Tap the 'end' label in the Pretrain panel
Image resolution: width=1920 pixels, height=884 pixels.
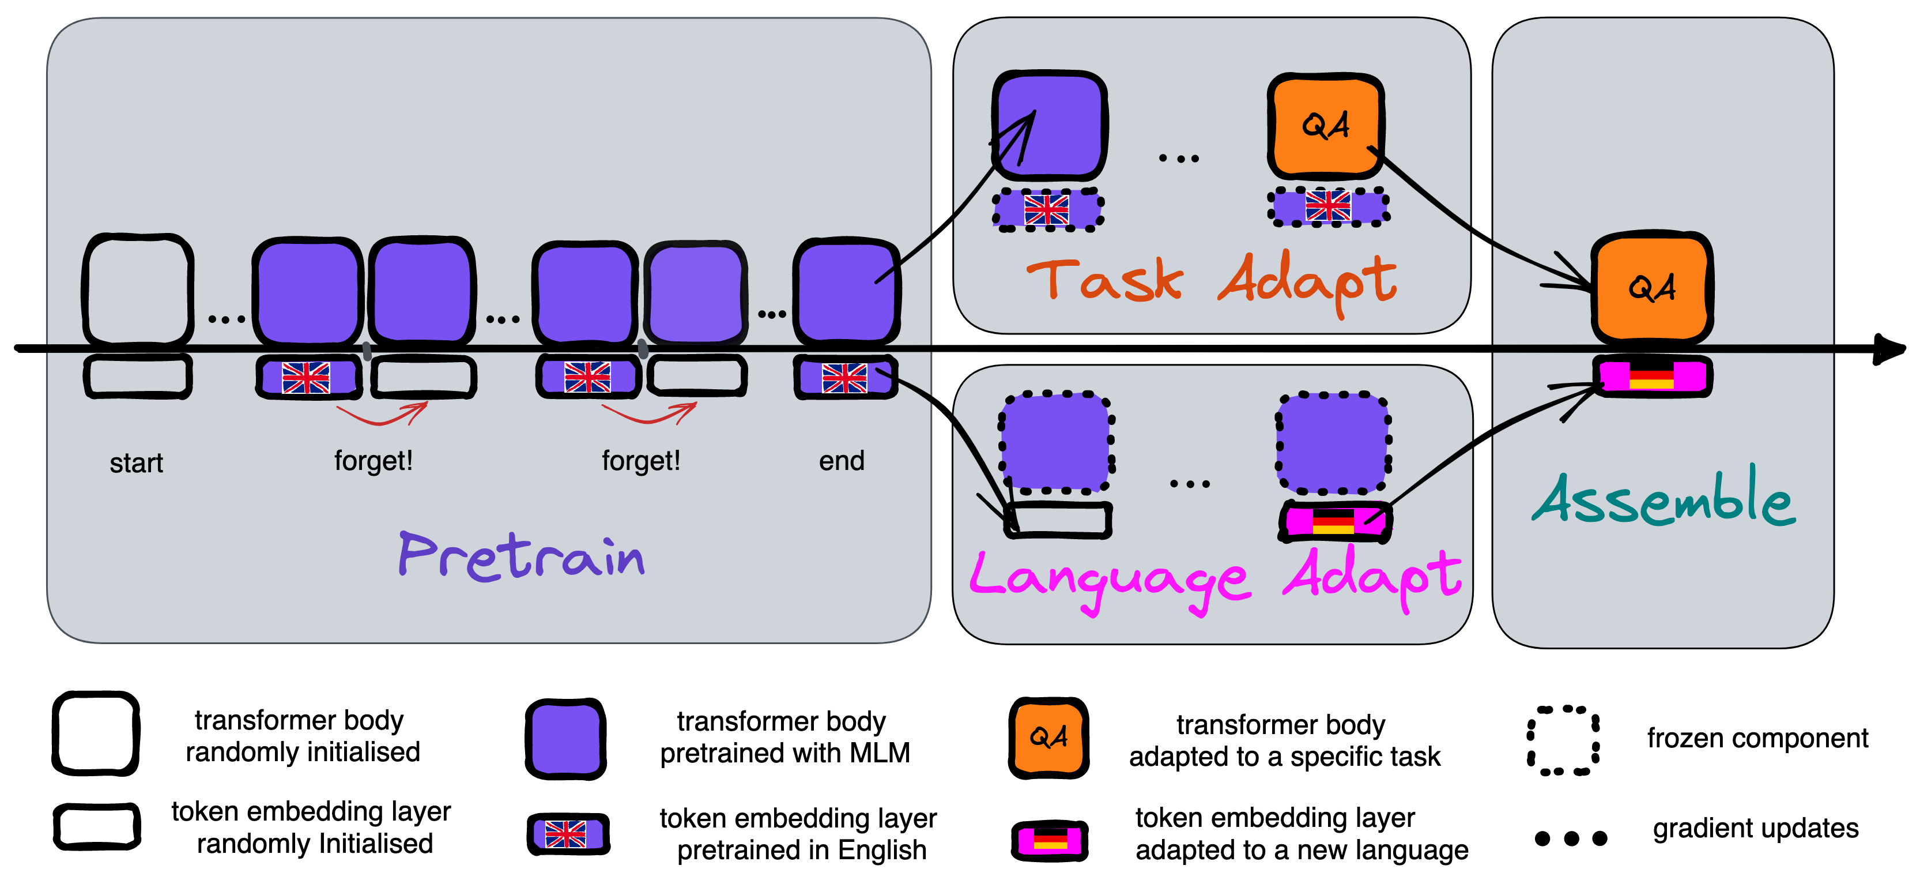pyautogui.click(x=842, y=461)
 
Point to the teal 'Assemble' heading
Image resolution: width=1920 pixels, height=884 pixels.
pyautogui.click(x=1664, y=499)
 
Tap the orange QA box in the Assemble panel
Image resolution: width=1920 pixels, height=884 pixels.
pyautogui.click(x=1651, y=288)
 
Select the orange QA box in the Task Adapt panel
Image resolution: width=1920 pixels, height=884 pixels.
pyautogui.click(x=1325, y=126)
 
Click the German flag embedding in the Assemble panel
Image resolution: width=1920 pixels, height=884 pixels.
pyautogui.click(x=1651, y=375)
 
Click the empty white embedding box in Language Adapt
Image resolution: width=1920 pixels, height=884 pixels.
pyautogui.click(x=1058, y=520)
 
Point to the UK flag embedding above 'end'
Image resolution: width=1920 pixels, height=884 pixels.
pyautogui.click(x=845, y=377)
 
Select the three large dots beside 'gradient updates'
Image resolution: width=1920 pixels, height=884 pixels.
pyautogui.click(x=1571, y=838)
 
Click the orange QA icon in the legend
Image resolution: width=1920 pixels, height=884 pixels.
pyautogui.click(x=1048, y=738)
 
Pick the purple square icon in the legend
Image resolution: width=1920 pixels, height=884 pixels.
pyautogui.click(x=565, y=739)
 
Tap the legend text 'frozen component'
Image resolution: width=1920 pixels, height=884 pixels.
pyautogui.click(x=1757, y=738)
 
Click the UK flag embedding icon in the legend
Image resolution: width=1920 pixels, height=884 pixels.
pyautogui.click(x=568, y=834)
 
